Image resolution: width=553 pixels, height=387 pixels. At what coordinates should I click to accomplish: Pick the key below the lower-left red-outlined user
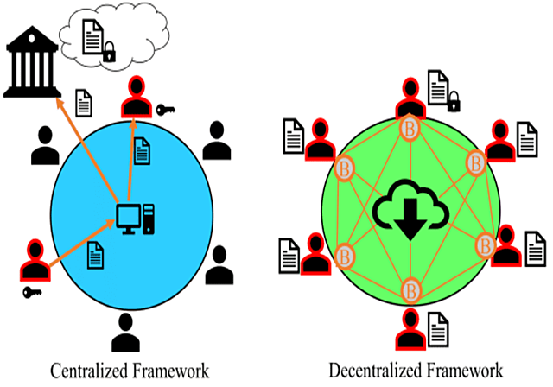[x=33, y=291]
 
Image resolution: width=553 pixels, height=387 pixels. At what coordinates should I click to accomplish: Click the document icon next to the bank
[x=84, y=102]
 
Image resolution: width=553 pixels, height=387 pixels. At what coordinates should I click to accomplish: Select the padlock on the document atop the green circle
[x=452, y=105]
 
